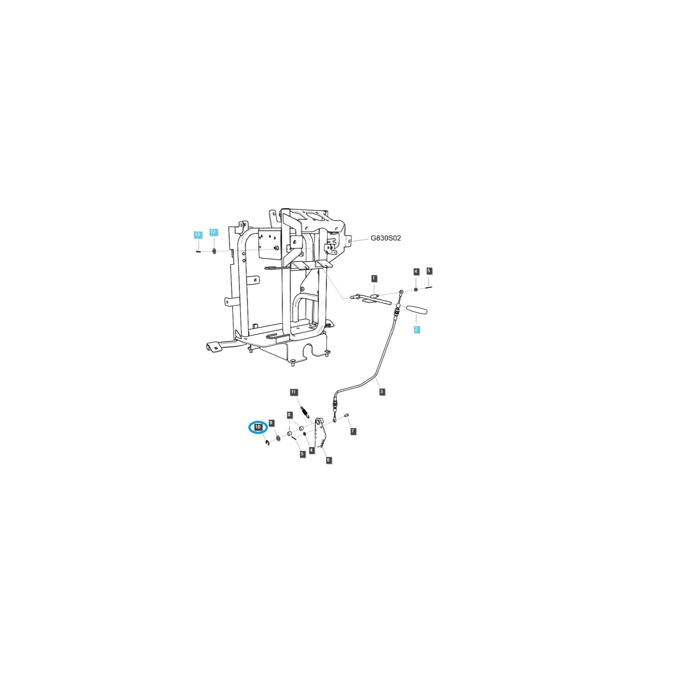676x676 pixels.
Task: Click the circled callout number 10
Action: coord(258,427)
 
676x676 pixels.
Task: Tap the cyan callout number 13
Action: coord(197,234)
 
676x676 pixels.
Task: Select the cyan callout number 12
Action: coord(213,232)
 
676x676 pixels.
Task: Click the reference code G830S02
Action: coord(386,238)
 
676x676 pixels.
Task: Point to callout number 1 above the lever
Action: coord(374,278)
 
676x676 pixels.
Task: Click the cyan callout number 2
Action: coord(416,329)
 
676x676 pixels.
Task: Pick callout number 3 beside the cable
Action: coord(382,392)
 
